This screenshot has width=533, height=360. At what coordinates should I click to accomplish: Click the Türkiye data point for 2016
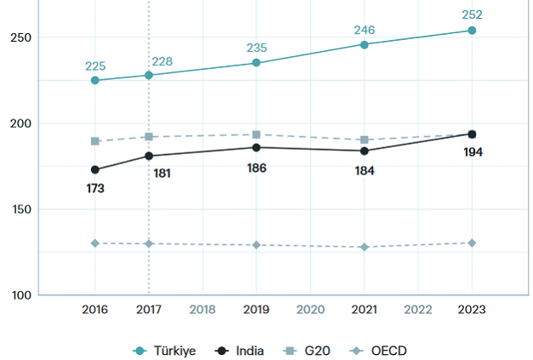pyautogui.click(x=95, y=80)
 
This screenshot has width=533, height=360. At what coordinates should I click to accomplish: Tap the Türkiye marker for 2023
pyautogui.click(x=472, y=31)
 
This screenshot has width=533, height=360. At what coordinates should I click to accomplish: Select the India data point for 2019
pyautogui.click(x=256, y=147)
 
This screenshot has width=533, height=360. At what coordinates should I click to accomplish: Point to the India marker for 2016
pyautogui.click(x=95, y=169)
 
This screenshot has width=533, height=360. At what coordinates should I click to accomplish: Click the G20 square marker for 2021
pyautogui.click(x=364, y=140)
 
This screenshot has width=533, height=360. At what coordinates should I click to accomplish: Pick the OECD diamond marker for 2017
pyautogui.click(x=149, y=243)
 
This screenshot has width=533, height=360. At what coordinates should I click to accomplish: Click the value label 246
pyautogui.click(x=364, y=31)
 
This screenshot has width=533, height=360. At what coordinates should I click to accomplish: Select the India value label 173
pyautogui.click(x=95, y=188)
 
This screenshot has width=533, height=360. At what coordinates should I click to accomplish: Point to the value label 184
pyautogui.click(x=364, y=169)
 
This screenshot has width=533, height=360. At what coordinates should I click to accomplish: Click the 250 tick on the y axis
pyautogui.click(x=23, y=37)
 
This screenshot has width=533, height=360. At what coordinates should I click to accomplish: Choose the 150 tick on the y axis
pyautogui.click(x=23, y=209)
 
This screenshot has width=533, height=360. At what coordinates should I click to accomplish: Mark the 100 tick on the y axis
pyautogui.click(x=23, y=295)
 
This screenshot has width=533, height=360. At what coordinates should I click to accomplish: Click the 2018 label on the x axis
pyautogui.click(x=203, y=309)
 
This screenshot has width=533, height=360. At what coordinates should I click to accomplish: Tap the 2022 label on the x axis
pyautogui.click(x=418, y=309)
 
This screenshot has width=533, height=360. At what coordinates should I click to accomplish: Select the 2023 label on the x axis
pyautogui.click(x=472, y=309)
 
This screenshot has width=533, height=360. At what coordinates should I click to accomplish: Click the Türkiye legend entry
pyautogui.click(x=166, y=351)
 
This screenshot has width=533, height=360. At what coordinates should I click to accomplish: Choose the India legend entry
pyautogui.click(x=241, y=351)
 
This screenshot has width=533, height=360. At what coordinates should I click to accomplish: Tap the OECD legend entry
pyautogui.click(x=382, y=351)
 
